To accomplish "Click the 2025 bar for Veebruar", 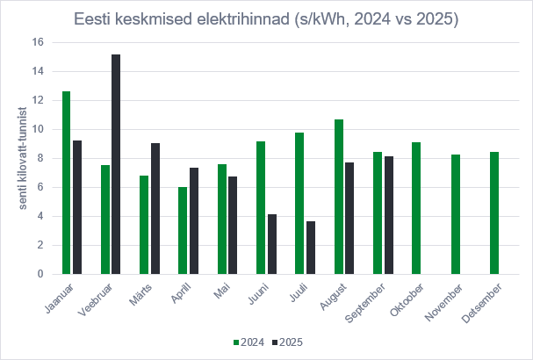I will (x=116, y=164).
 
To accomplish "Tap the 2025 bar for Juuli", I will (x=311, y=248).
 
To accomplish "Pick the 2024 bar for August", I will (x=339, y=197).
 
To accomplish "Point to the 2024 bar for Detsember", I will (x=495, y=213).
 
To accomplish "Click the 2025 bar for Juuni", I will (x=272, y=244).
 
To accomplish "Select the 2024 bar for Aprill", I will (x=183, y=231).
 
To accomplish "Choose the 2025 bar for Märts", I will (x=155, y=209).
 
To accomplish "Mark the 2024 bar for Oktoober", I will (x=417, y=208).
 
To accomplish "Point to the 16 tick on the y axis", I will (x=37, y=42).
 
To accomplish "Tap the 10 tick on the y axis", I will (x=37, y=129).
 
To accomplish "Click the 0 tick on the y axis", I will (x=40, y=274).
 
